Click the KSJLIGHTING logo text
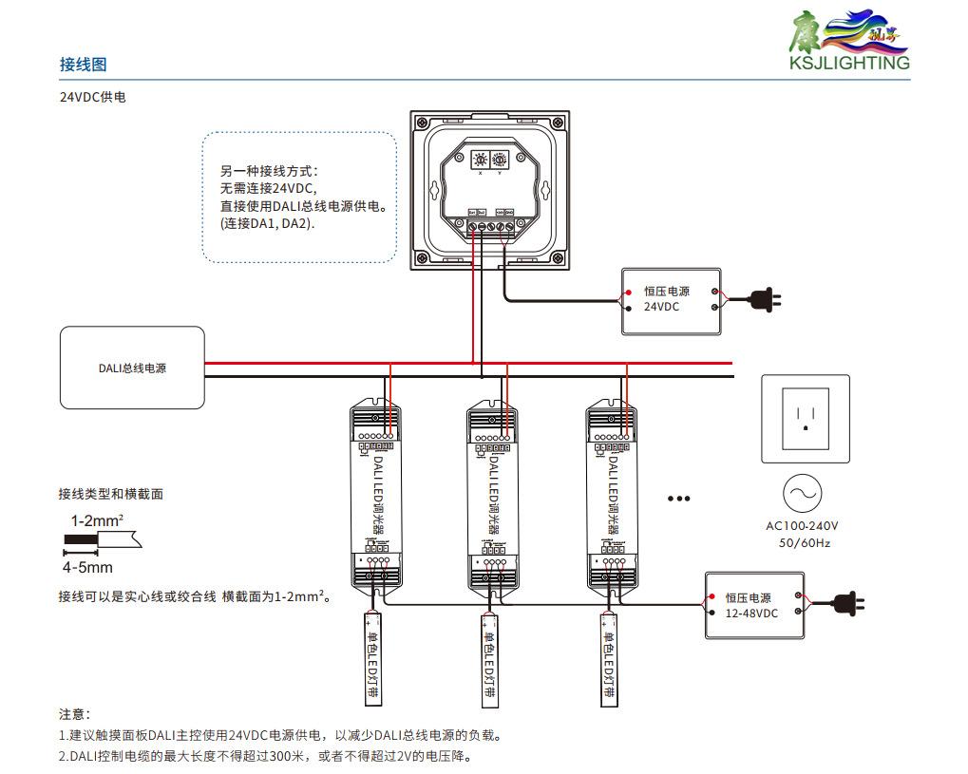[x=848, y=64]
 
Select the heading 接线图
[x=83, y=65]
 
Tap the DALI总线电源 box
[x=132, y=368]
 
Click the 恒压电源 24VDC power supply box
[x=671, y=300]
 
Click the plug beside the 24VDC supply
[x=765, y=301]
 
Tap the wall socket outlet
[x=805, y=418]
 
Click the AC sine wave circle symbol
[x=803, y=494]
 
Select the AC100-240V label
[x=803, y=526]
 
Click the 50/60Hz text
[x=804, y=543]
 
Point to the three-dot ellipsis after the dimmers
[x=678, y=499]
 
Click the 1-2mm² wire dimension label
[x=97, y=520]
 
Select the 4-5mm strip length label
[x=87, y=568]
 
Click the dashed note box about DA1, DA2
[x=299, y=197]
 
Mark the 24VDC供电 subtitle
[x=93, y=98]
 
